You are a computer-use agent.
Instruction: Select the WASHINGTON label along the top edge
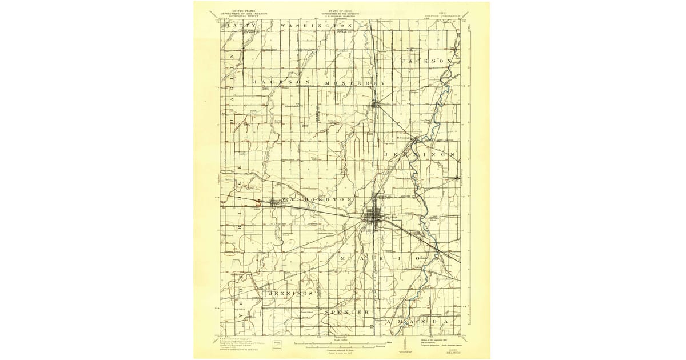(x=316, y=26)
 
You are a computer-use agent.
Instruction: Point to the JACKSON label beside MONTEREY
(x=285, y=83)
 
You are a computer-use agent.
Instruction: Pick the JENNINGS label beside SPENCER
(x=289, y=293)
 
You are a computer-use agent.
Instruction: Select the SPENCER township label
(x=347, y=312)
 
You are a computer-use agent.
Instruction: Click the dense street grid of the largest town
(x=375, y=220)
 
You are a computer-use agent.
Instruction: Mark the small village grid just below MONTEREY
(x=376, y=104)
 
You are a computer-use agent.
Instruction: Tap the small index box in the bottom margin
(x=278, y=344)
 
